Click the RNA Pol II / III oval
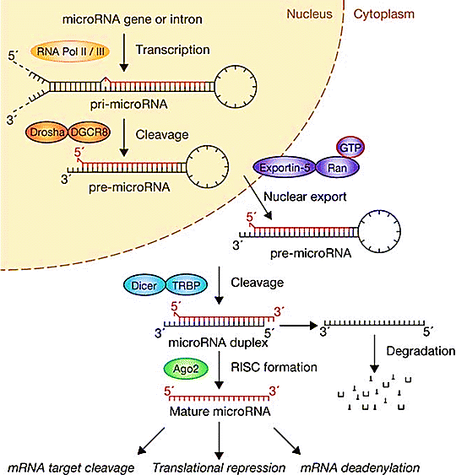(x=70, y=51)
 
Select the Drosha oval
(x=47, y=132)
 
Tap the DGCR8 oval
(x=90, y=132)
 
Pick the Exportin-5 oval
(x=285, y=167)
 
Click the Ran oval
(x=338, y=168)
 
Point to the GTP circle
(x=350, y=148)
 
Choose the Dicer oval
(x=144, y=285)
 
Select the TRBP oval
(x=186, y=285)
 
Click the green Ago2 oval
(x=186, y=369)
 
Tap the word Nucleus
(x=310, y=14)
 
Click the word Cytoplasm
(x=384, y=14)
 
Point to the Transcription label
(x=172, y=50)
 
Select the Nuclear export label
(x=305, y=197)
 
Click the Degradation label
(x=421, y=351)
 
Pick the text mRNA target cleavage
(x=71, y=467)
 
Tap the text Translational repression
(x=219, y=467)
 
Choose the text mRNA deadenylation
(x=360, y=467)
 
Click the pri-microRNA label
(x=129, y=105)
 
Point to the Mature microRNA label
(x=220, y=411)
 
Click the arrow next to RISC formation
(x=219, y=370)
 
